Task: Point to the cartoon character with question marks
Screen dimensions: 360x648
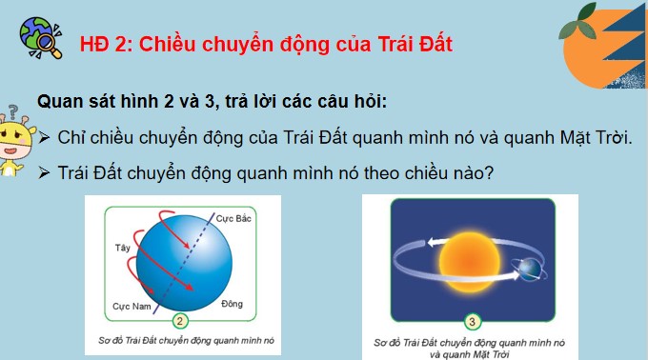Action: pyautogui.click(x=16, y=143)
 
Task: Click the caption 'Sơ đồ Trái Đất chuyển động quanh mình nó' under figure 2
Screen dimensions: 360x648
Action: pyautogui.click(x=181, y=338)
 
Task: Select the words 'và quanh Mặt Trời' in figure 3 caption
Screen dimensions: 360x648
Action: pyautogui.click(x=471, y=350)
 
